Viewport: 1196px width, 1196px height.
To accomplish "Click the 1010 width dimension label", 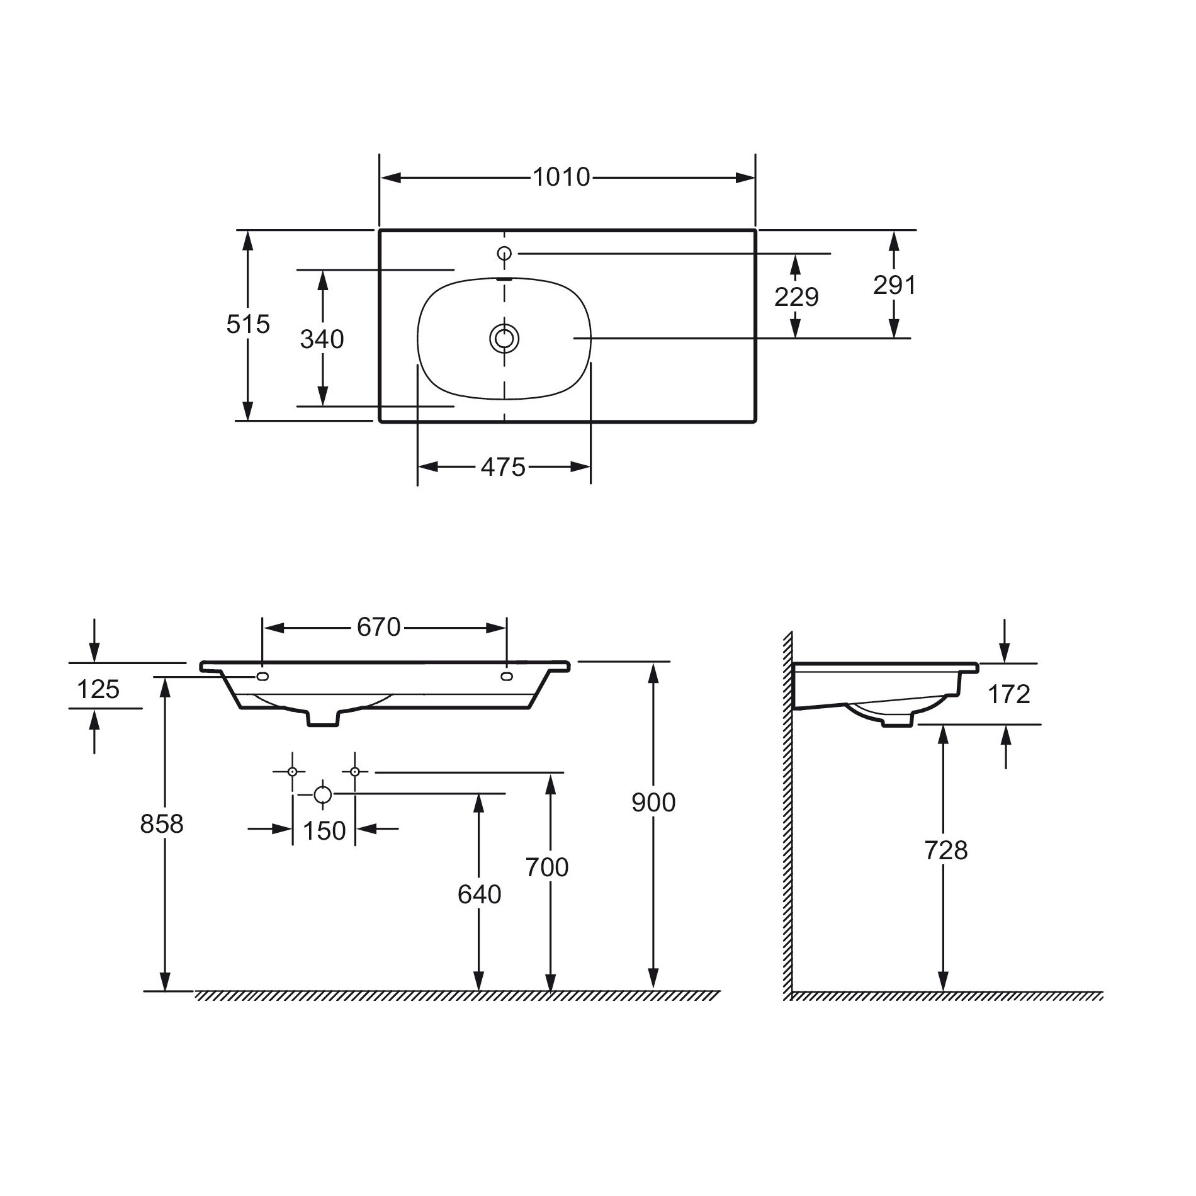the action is [561, 178].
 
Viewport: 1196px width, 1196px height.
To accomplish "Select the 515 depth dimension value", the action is [248, 324].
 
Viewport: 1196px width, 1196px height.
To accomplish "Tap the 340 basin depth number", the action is [322, 339].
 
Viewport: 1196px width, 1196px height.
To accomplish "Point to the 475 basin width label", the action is [503, 467].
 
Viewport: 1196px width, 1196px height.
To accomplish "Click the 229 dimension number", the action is [796, 296].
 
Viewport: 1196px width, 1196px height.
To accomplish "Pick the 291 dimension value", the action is [894, 285].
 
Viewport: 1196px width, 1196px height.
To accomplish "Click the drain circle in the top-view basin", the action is [504, 339].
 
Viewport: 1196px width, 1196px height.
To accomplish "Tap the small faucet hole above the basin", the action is [504, 253].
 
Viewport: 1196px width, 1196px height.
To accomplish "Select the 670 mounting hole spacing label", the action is [379, 627].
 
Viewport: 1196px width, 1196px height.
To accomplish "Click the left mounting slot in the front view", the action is [262, 677].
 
